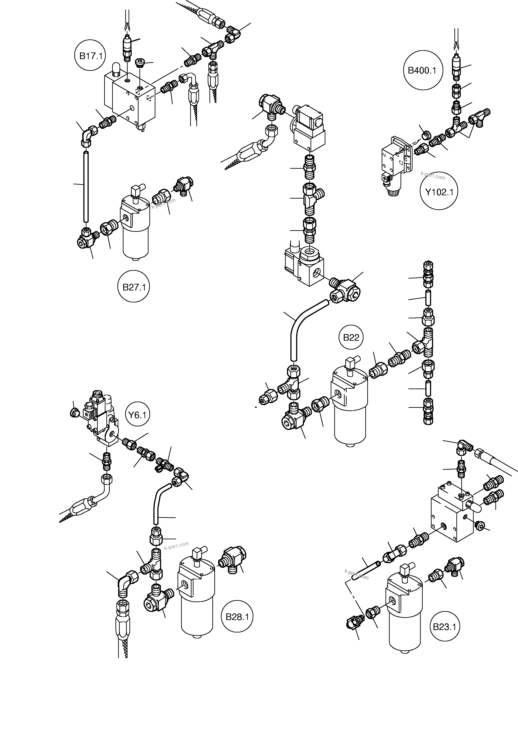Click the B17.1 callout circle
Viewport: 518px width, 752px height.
pyautogui.click(x=91, y=56)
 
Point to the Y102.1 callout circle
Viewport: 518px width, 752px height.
pyautogui.click(x=439, y=192)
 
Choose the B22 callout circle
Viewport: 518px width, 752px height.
pyautogui.click(x=351, y=337)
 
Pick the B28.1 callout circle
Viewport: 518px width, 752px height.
pyautogui.click(x=237, y=617)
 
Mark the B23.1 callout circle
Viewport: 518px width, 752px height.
pyautogui.click(x=444, y=626)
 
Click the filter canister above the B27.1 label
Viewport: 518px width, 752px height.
pyautogui.click(x=136, y=230)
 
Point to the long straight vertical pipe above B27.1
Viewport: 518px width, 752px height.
pyautogui.click(x=86, y=186)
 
